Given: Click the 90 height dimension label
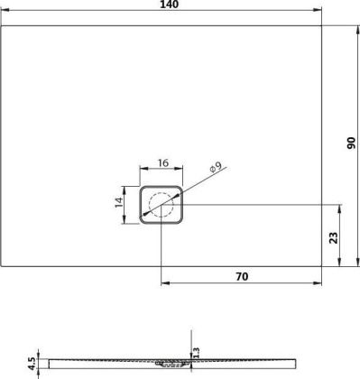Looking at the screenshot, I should tap(352, 144).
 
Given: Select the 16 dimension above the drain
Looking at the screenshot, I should tap(162, 163).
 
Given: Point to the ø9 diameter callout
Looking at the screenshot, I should tap(215, 167).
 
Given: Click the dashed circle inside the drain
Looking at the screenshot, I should tap(162, 206).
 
